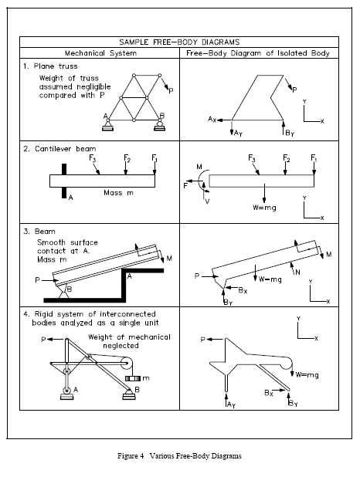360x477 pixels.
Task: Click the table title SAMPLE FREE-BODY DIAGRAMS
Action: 179,42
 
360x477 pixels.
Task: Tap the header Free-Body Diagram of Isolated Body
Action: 258,53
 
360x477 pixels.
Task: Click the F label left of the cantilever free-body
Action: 185,186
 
